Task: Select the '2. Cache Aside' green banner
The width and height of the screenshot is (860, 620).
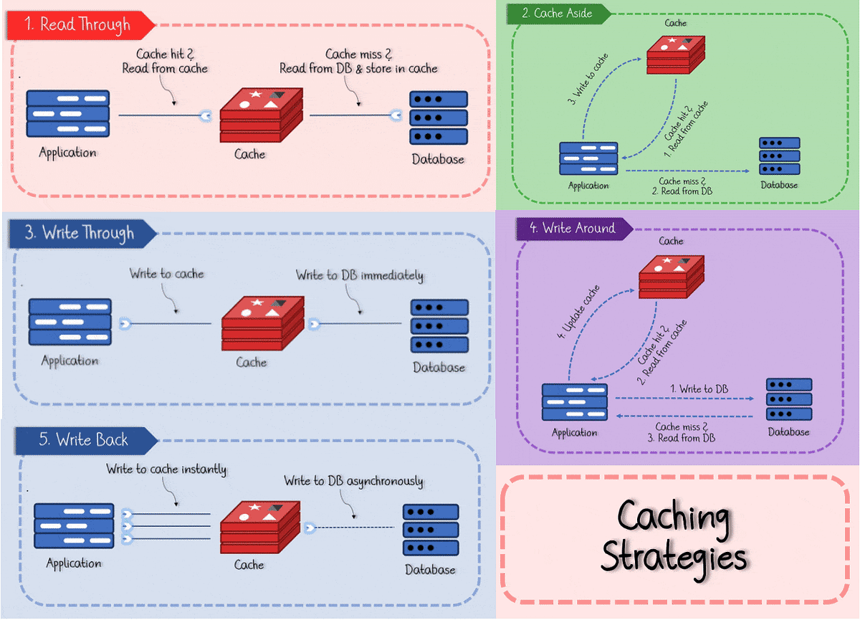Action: pyautogui.click(x=556, y=14)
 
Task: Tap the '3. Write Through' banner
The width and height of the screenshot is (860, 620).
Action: pyautogui.click(x=80, y=233)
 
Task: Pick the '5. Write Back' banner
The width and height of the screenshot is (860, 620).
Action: pyautogui.click(x=82, y=439)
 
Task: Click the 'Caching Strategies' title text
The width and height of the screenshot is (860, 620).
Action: pyautogui.click(x=674, y=536)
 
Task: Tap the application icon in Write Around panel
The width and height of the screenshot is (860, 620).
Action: pyautogui.click(x=574, y=403)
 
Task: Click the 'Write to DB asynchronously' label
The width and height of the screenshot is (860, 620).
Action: pyautogui.click(x=353, y=481)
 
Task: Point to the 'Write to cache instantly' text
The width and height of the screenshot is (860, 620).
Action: pyautogui.click(x=166, y=469)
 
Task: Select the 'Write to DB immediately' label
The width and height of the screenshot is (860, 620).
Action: pyautogui.click(x=359, y=276)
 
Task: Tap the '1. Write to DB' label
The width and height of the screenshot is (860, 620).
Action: pyautogui.click(x=699, y=388)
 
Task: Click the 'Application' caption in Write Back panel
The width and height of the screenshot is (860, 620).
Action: pyautogui.click(x=73, y=563)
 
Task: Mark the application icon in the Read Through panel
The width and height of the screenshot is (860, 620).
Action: pyautogui.click(x=67, y=113)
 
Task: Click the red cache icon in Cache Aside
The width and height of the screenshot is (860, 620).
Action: pyautogui.click(x=676, y=54)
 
